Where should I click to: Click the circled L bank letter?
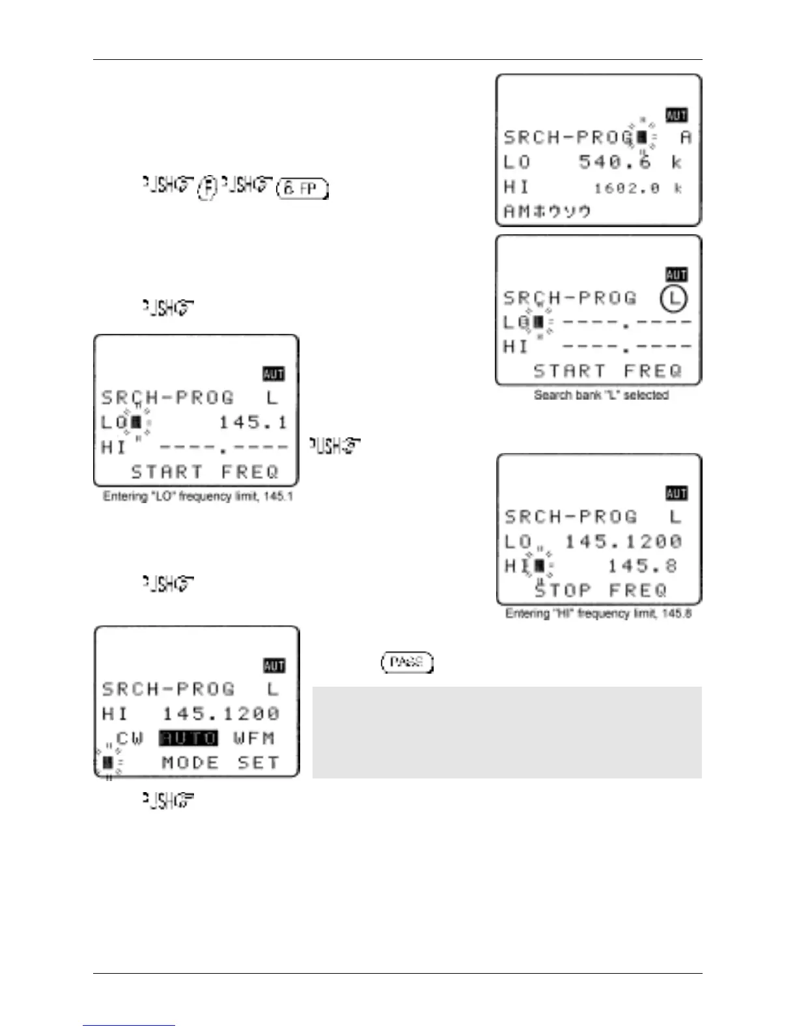click(674, 299)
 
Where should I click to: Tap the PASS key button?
click(407, 663)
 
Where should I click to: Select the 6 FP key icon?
click(303, 189)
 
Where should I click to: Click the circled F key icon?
click(207, 187)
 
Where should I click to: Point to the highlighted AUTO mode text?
click(189, 738)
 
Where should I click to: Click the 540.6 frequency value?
click(615, 162)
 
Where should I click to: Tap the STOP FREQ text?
click(601, 590)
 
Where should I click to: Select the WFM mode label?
click(254, 738)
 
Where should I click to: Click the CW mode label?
click(130, 738)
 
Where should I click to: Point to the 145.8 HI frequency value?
click(642, 566)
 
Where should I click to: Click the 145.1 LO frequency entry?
click(253, 423)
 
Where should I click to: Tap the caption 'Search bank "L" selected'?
click(601, 395)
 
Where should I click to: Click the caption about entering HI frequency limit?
click(598, 614)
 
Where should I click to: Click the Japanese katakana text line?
click(547, 212)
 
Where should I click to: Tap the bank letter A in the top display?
click(685, 137)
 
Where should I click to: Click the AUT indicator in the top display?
click(677, 115)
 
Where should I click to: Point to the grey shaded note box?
click(507, 732)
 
